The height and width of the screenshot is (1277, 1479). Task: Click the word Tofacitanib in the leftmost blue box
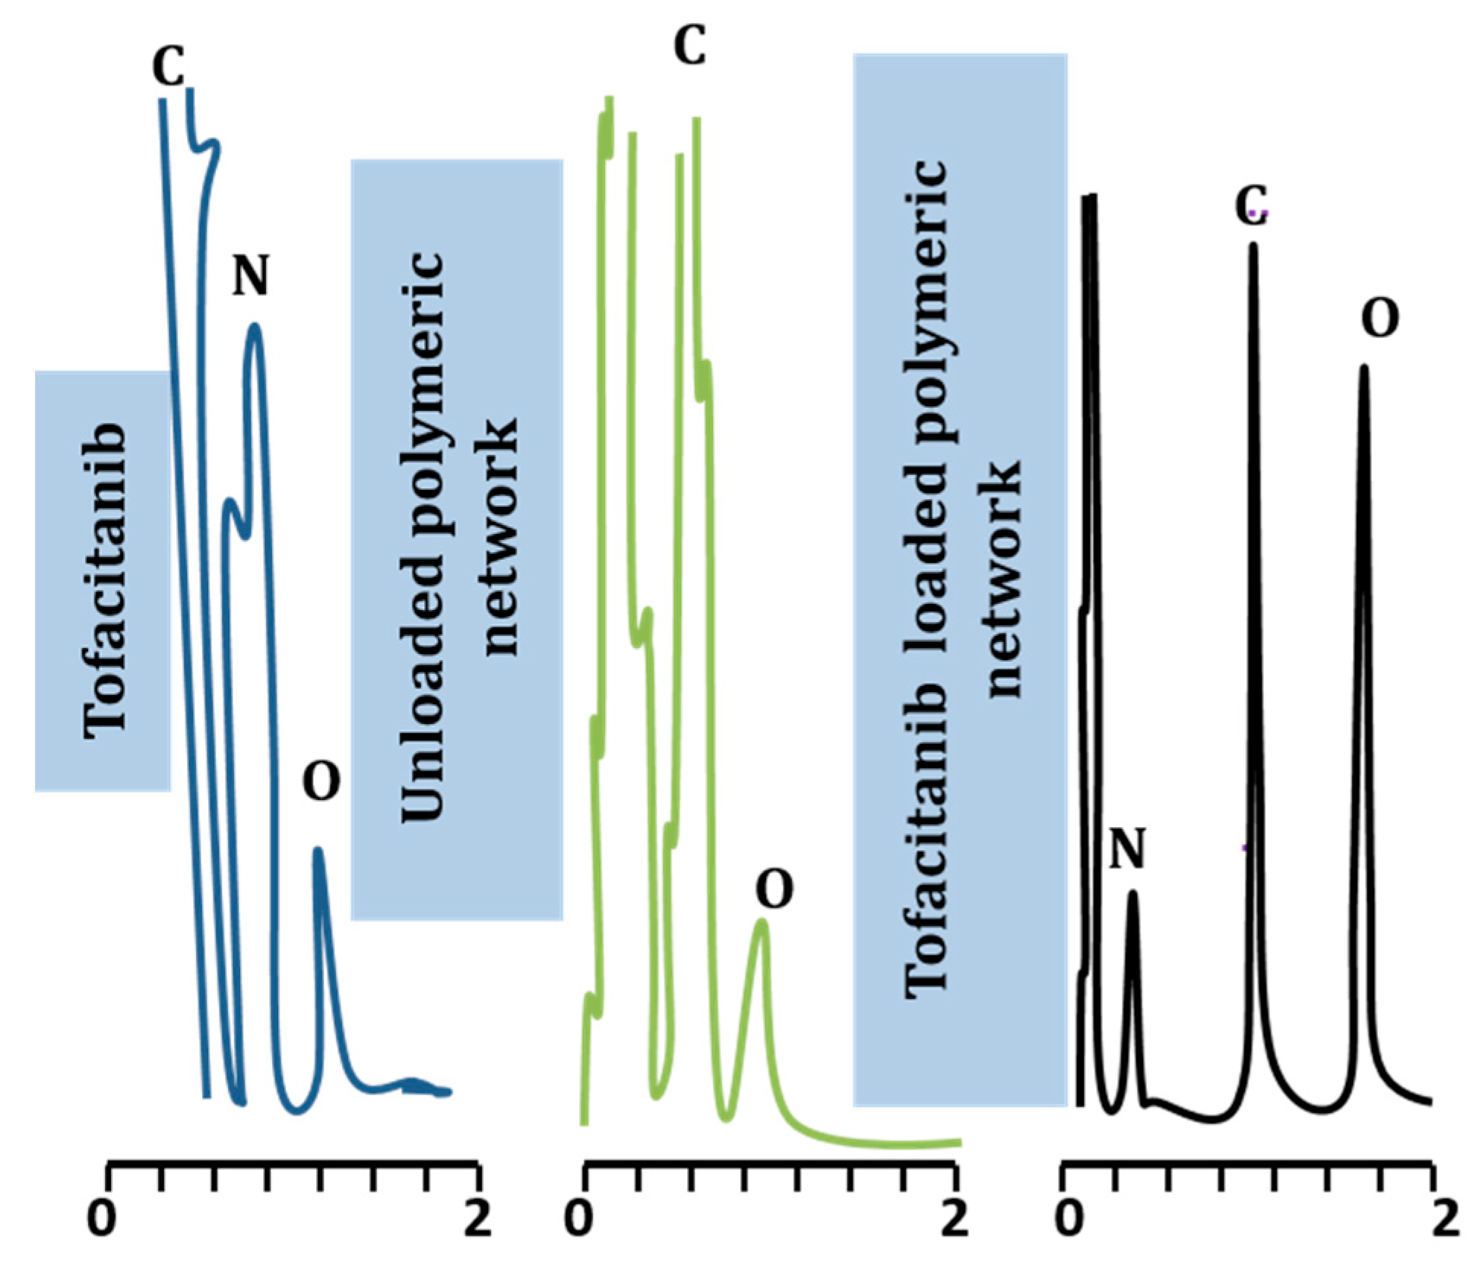[104, 581]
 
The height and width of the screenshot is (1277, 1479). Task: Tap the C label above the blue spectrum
[168, 67]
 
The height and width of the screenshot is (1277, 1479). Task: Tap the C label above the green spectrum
[690, 46]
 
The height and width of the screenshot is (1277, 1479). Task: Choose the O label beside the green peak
[774, 890]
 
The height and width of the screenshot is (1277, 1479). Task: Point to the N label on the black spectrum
[1127, 849]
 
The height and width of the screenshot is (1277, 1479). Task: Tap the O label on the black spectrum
[1379, 319]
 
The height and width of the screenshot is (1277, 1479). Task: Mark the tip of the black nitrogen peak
[1132, 894]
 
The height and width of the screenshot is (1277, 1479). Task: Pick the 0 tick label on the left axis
[103, 1219]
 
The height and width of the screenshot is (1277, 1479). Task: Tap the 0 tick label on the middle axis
[579, 1219]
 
